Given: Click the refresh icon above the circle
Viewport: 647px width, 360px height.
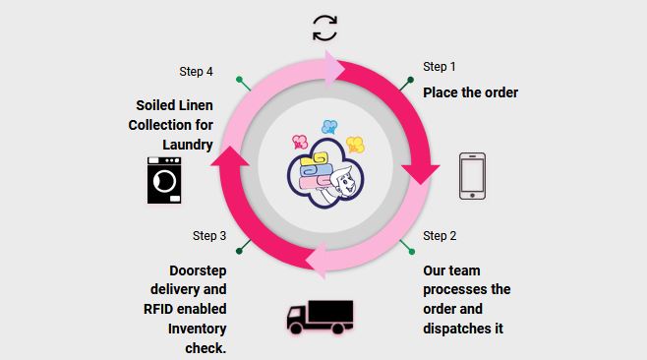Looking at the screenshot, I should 324,28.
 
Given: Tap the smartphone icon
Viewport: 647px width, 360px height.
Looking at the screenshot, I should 473,175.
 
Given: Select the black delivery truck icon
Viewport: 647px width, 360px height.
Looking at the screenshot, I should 320,317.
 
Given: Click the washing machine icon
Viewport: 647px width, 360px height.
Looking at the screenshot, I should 164,180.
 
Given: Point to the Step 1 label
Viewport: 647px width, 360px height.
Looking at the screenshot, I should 440,67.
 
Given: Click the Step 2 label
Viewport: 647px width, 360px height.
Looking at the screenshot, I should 440,236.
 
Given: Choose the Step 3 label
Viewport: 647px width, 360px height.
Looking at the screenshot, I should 209,236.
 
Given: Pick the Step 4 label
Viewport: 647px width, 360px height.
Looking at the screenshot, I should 196,72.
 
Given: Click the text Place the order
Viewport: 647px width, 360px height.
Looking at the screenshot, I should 470,92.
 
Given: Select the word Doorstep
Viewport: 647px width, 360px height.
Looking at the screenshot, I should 197,270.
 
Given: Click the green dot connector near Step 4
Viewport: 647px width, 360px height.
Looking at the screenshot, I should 238,78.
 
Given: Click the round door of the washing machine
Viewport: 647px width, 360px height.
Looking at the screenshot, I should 166,184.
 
